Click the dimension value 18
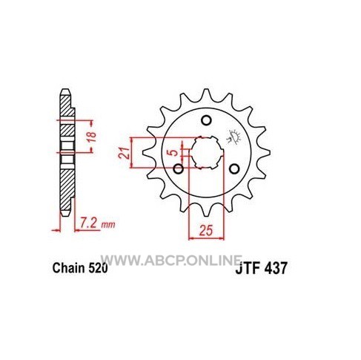(92, 137)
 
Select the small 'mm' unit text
(108, 225)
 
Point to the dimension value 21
(124, 153)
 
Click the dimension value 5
(175, 153)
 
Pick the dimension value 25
(206, 231)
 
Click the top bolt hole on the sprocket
(206, 120)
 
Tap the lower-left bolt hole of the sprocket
(178, 169)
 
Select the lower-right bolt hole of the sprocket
(234, 169)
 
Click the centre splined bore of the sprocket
(207, 152)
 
